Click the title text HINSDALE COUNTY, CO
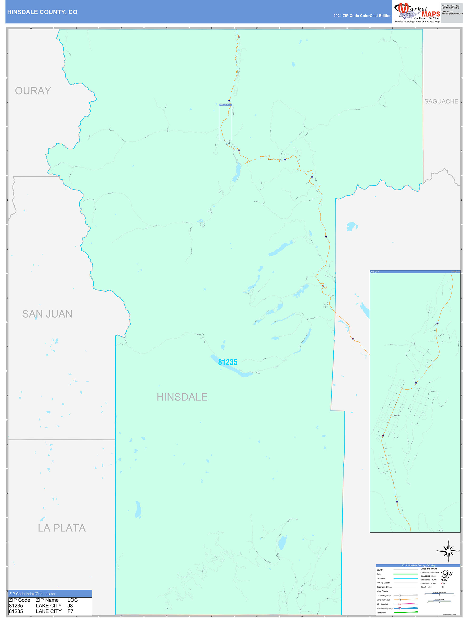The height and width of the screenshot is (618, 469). [x=42, y=12]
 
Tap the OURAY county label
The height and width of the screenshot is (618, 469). [x=33, y=91]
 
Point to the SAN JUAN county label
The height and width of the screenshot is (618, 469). [x=47, y=314]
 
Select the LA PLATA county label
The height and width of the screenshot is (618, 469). [x=62, y=528]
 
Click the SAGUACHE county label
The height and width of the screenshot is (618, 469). [x=441, y=101]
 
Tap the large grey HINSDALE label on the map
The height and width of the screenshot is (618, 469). [x=182, y=397]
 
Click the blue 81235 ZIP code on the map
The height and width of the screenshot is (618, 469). [x=228, y=362]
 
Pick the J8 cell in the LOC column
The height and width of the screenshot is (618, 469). [x=70, y=605]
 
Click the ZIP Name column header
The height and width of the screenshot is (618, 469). [x=47, y=600]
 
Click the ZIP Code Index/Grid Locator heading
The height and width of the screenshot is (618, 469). [x=32, y=594]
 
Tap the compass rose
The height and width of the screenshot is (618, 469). [x=448, y=551]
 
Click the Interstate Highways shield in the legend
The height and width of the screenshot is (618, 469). [x=400, y=608]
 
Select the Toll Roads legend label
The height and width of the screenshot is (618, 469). [x=381, y=613]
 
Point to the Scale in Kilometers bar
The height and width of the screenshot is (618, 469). [x=439, y=594]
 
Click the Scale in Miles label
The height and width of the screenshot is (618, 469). [x=439, y=599]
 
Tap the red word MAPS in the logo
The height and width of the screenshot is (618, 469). [x=431, y=14]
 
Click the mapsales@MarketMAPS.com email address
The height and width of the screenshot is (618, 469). [x=452, y=14]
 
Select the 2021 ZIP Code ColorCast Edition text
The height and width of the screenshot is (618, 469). [x=362, y=16]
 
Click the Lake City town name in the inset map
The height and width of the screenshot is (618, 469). [x=397, y=415]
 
